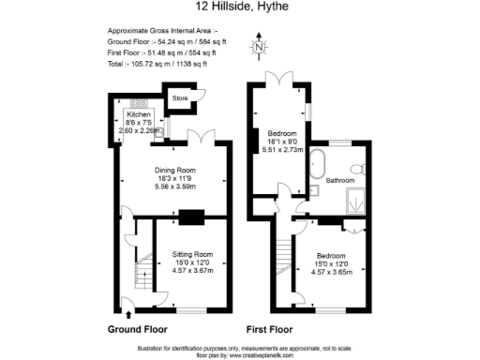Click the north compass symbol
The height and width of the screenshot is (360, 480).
[259, 46]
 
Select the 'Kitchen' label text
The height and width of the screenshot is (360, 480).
[139, 113]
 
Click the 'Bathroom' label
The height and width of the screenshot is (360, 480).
[340, 179]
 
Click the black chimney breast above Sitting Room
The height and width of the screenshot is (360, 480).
[191, 218]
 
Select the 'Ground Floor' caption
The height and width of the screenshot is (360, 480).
[138, 330]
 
